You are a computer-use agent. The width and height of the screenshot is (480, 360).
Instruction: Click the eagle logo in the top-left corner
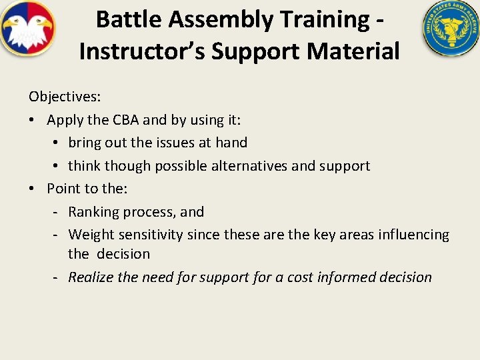27,27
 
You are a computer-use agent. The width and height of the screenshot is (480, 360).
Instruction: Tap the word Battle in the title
129,19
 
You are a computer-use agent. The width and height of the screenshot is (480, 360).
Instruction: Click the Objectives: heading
65,97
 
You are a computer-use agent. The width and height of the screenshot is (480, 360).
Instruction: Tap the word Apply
65,120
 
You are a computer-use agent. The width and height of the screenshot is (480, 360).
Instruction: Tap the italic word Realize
91,277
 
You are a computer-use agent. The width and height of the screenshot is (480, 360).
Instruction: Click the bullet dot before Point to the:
32,189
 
